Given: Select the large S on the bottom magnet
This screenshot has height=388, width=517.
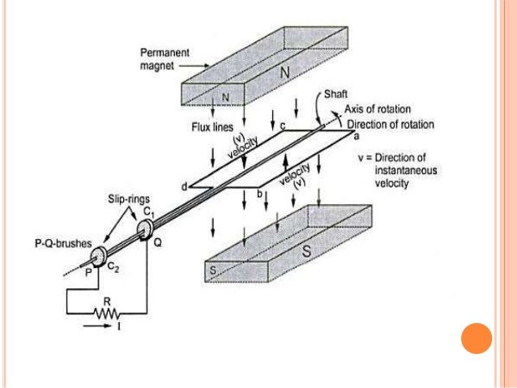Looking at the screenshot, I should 305,249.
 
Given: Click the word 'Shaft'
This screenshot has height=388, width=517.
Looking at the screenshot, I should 337,92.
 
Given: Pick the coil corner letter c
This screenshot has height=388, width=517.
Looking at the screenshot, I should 283,126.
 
